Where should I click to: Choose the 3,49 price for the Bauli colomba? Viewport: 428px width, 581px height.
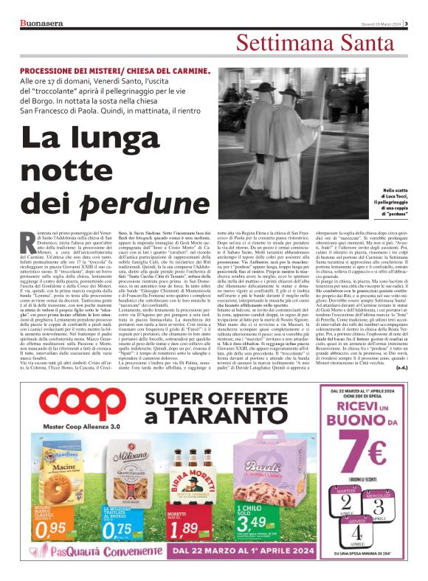(x=249, y=528)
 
